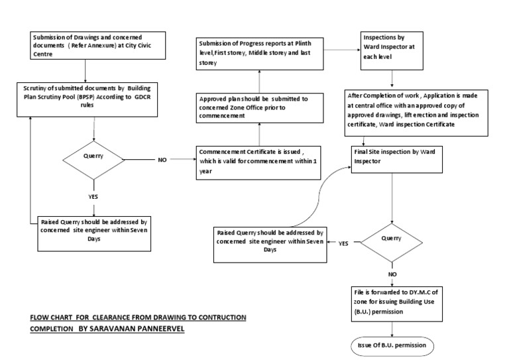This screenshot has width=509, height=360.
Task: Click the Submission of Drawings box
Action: click(85, 44)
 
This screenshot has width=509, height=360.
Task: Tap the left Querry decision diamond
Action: click(93, 159)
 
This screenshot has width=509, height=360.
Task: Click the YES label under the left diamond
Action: click(93, 197)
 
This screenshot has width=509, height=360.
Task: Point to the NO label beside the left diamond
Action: click(163, 160)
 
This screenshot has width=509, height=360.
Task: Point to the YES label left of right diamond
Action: click(343, 243)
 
